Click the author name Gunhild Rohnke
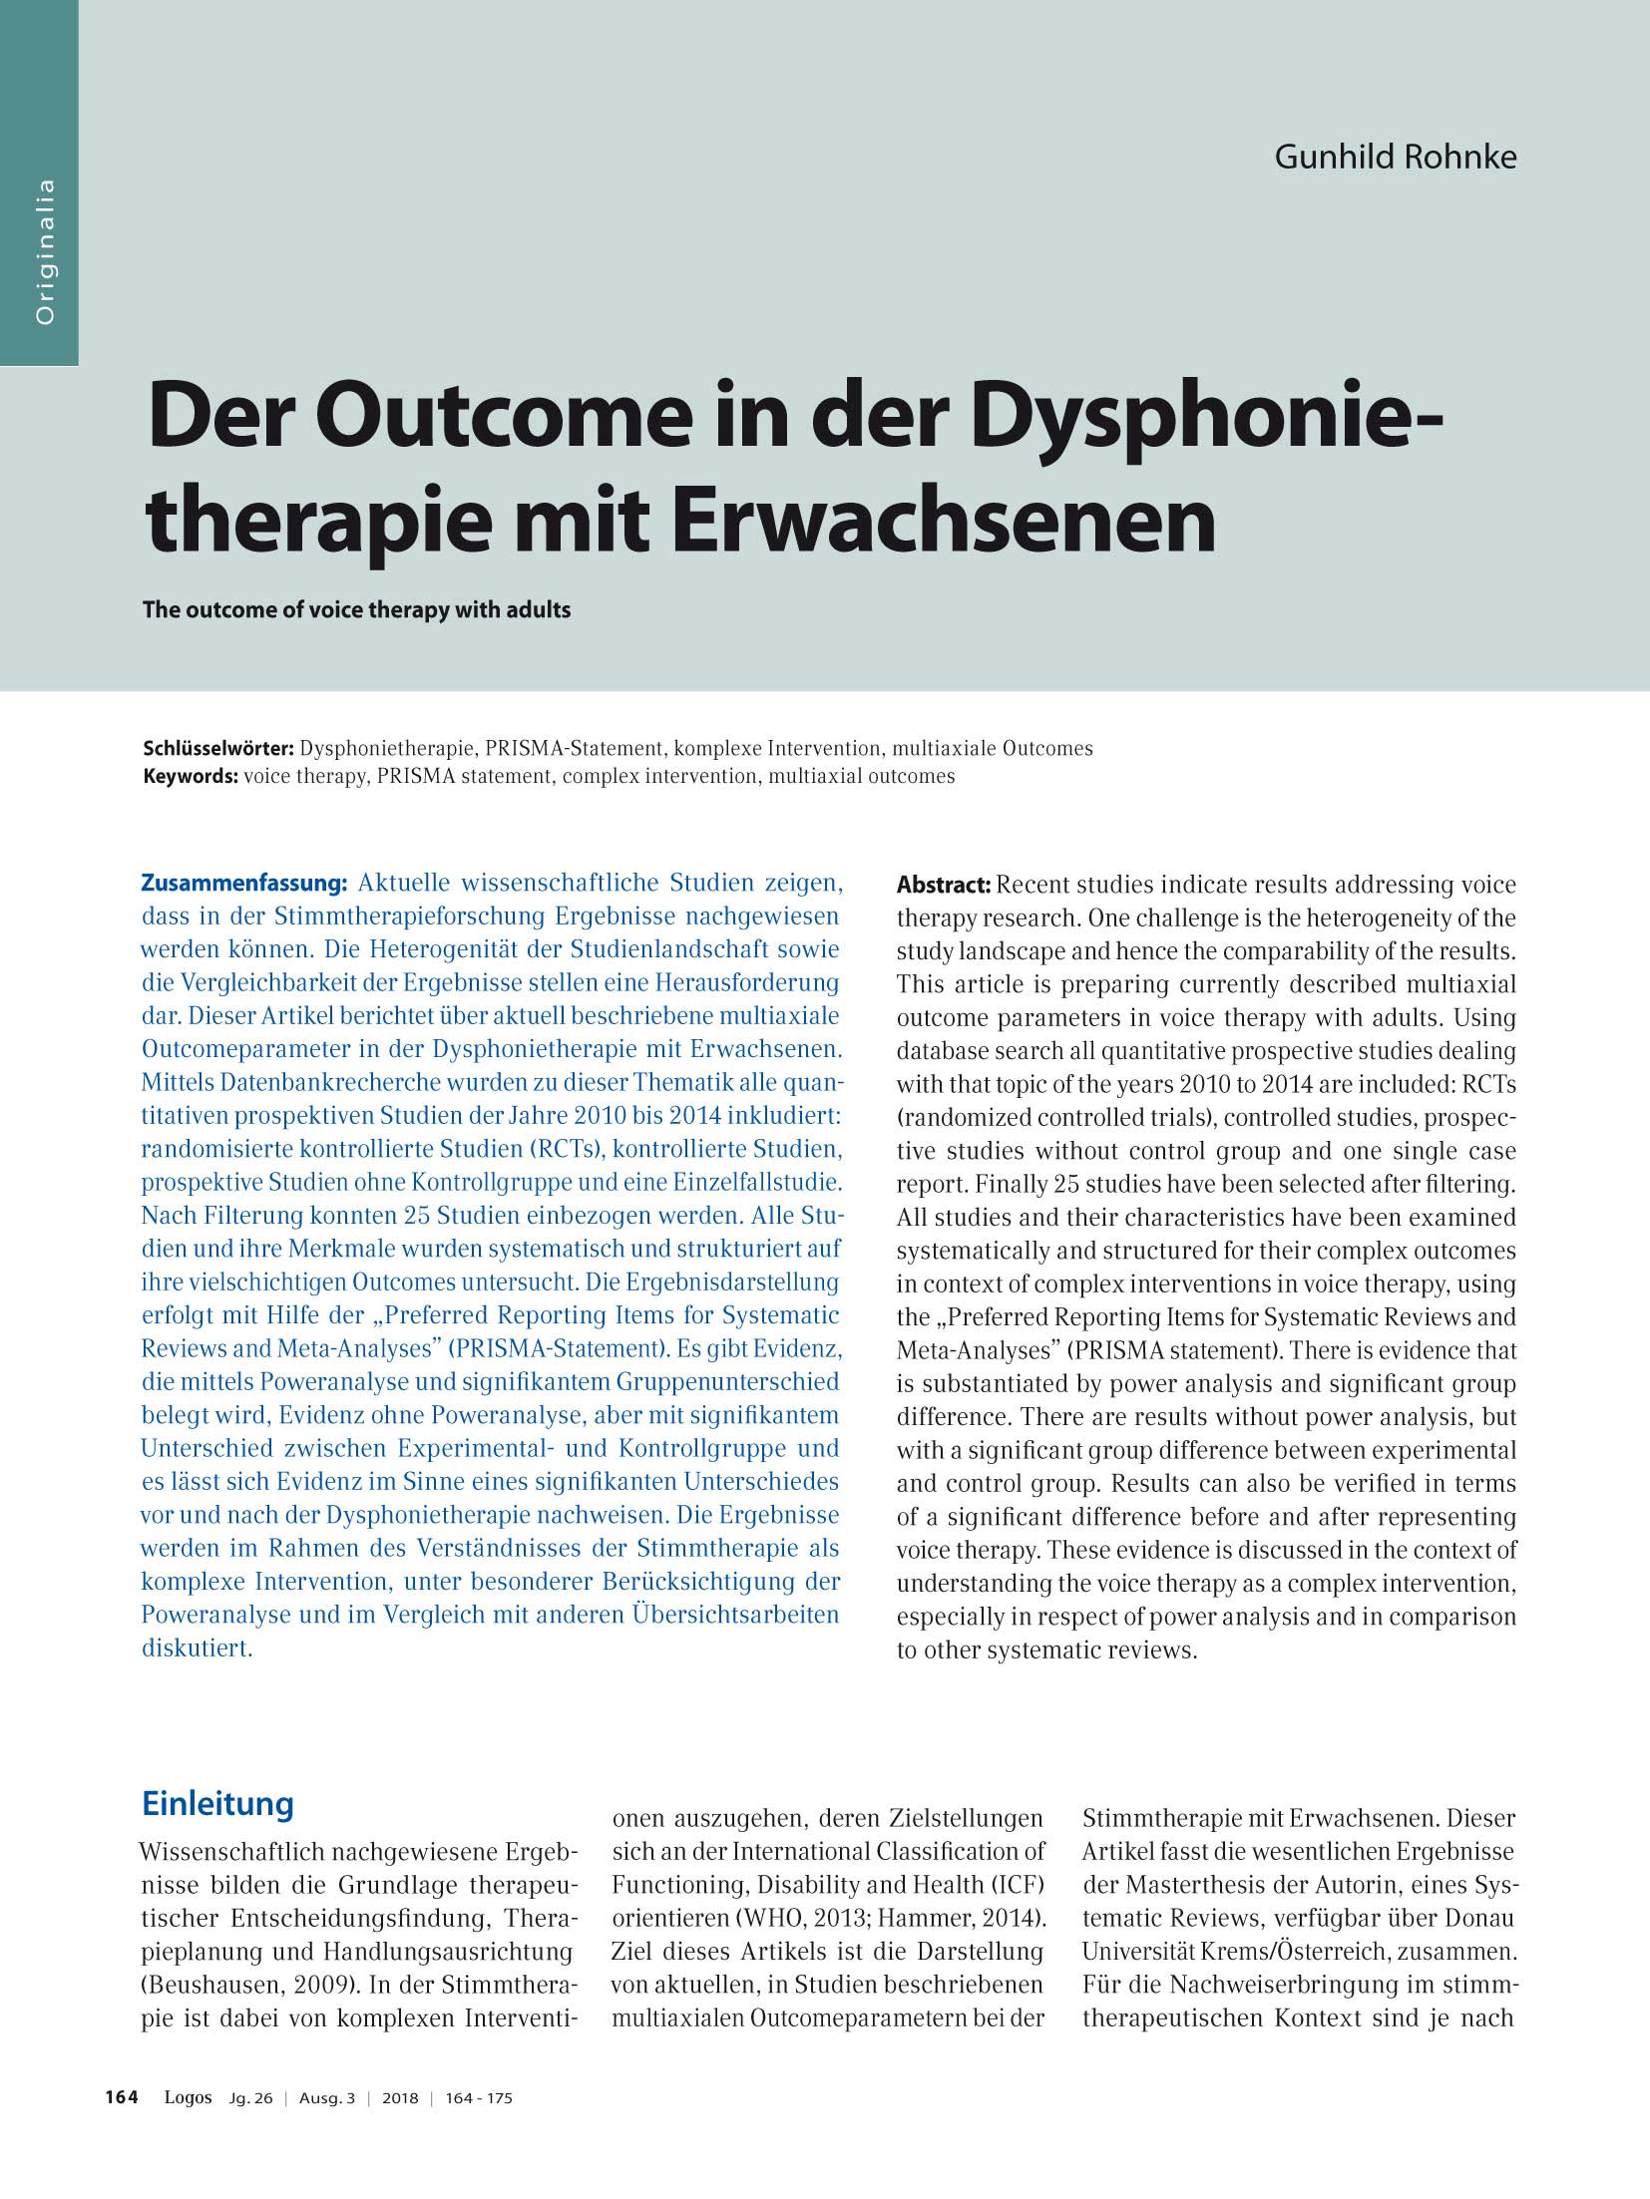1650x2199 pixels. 1395,158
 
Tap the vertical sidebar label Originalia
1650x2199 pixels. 45,251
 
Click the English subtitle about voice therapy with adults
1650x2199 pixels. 356,609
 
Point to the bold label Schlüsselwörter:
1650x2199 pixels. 217,748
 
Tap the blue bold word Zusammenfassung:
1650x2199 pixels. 243,883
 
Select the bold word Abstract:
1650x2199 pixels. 943,885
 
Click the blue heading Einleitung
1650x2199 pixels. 217,1804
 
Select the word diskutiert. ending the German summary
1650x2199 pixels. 197,1649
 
